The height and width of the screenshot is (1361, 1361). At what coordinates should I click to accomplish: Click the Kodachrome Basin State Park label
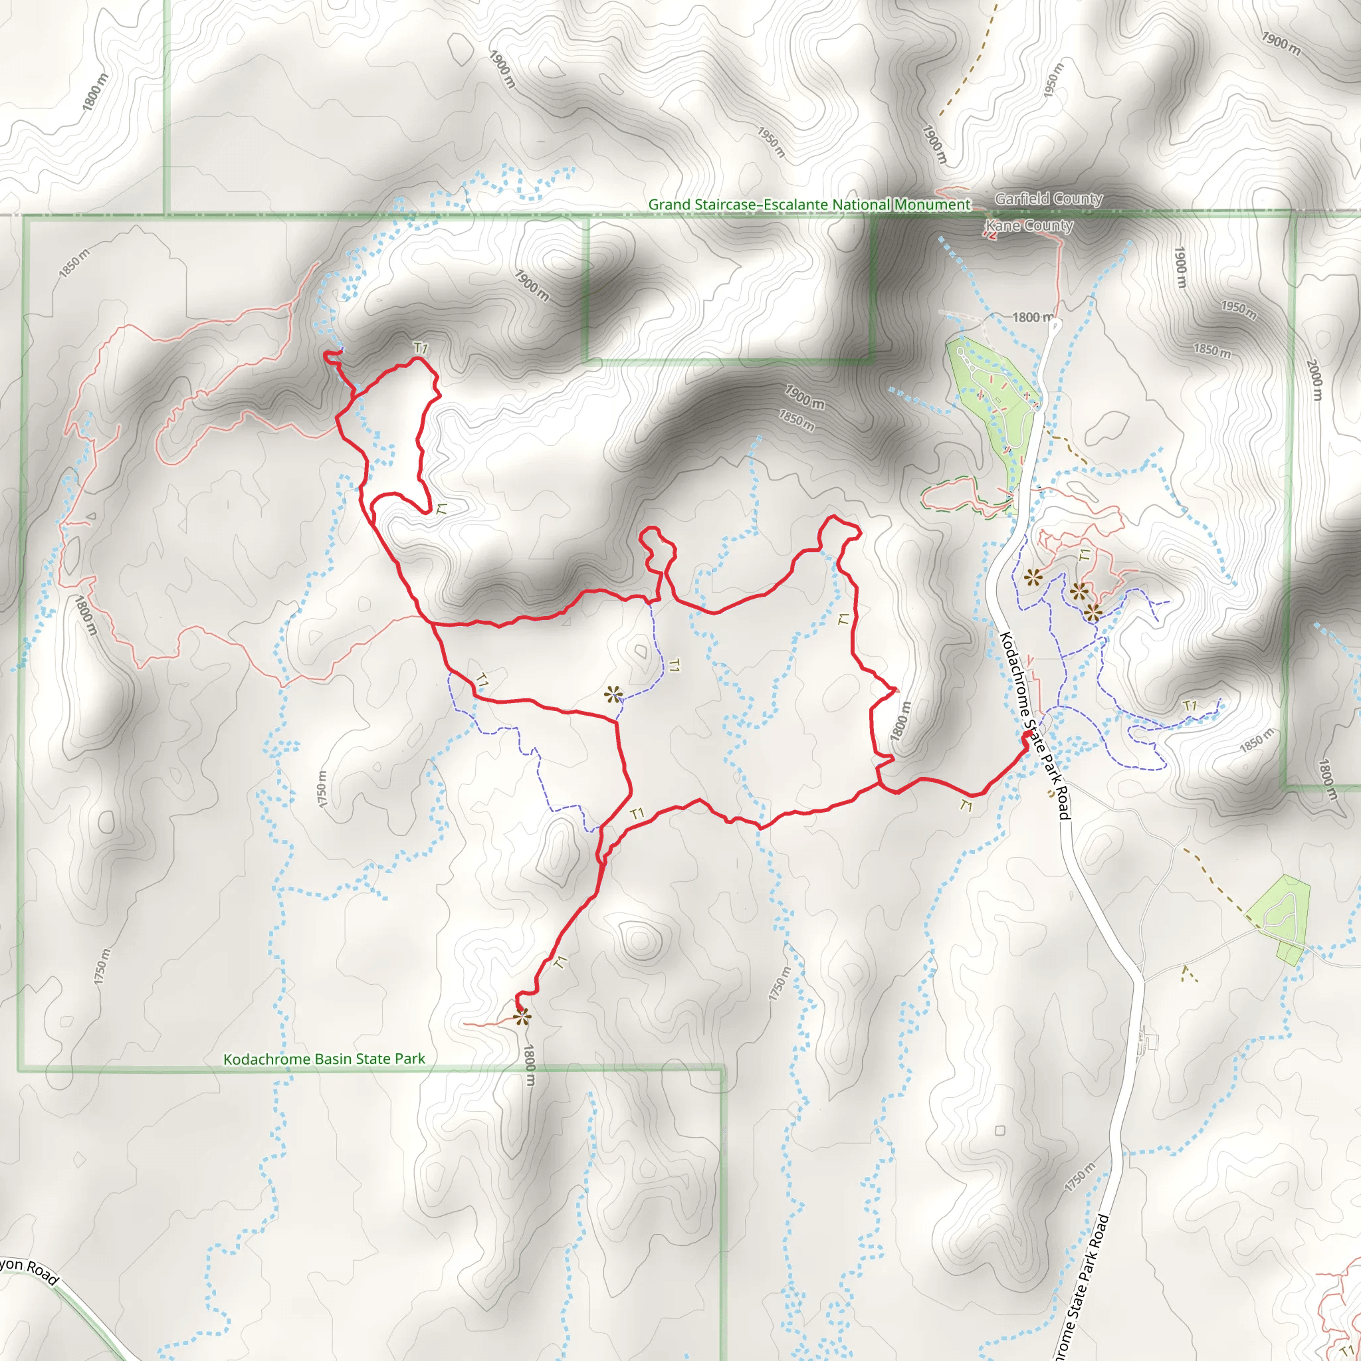point(324,1059)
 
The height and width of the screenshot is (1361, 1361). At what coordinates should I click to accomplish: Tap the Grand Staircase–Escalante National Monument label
point(809,204)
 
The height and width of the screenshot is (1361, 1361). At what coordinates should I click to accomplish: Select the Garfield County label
point(1048,199)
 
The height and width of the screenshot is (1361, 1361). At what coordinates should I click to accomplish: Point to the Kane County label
point(1029,225)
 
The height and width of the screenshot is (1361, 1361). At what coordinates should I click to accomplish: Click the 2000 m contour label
point(1314,379)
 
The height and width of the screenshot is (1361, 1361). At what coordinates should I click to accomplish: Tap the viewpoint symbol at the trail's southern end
point(521,1017)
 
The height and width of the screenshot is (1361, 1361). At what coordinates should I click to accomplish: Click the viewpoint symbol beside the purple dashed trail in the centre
point(613,694)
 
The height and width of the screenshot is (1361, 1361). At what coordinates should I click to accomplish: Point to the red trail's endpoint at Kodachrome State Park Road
point(1025,736)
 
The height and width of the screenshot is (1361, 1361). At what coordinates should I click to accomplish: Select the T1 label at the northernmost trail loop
point(421,348)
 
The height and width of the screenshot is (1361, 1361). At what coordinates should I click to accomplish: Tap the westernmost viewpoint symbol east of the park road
point(1033,578)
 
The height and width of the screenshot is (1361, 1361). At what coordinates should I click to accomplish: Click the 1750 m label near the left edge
point(102,966)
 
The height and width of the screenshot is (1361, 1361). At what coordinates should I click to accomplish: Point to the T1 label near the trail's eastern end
point(966,805)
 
